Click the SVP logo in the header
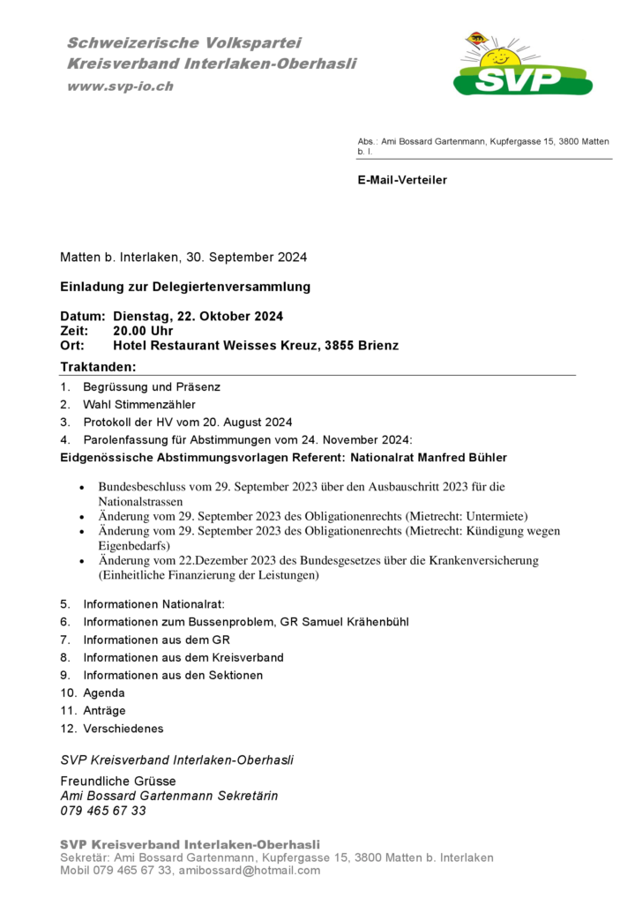click(523, 66)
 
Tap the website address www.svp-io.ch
click(120, 86)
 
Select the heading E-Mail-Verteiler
click(402, 180)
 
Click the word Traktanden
click(98, 366)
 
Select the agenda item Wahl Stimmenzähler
click(139, 404)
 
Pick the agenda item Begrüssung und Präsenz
click(151, 386)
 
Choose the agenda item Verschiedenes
click(123, 729)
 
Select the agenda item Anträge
click(104, 711)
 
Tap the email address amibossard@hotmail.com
click(250, 871)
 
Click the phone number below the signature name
click(103, 811)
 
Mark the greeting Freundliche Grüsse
click(117, 781)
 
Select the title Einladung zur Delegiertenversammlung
click(185, 287)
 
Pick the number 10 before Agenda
click(67, 693)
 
